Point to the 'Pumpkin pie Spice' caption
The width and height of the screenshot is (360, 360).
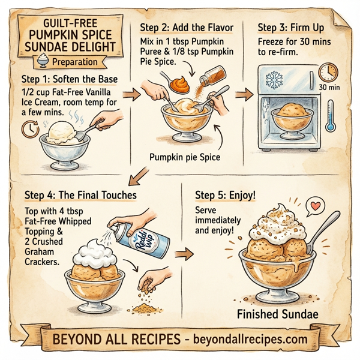185,158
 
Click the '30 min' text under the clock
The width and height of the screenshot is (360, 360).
330,88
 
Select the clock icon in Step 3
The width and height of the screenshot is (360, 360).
328,71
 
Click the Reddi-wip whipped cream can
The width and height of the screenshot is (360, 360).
145,240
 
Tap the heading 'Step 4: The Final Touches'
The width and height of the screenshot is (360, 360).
81,196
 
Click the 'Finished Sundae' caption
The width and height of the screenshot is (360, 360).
277,314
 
